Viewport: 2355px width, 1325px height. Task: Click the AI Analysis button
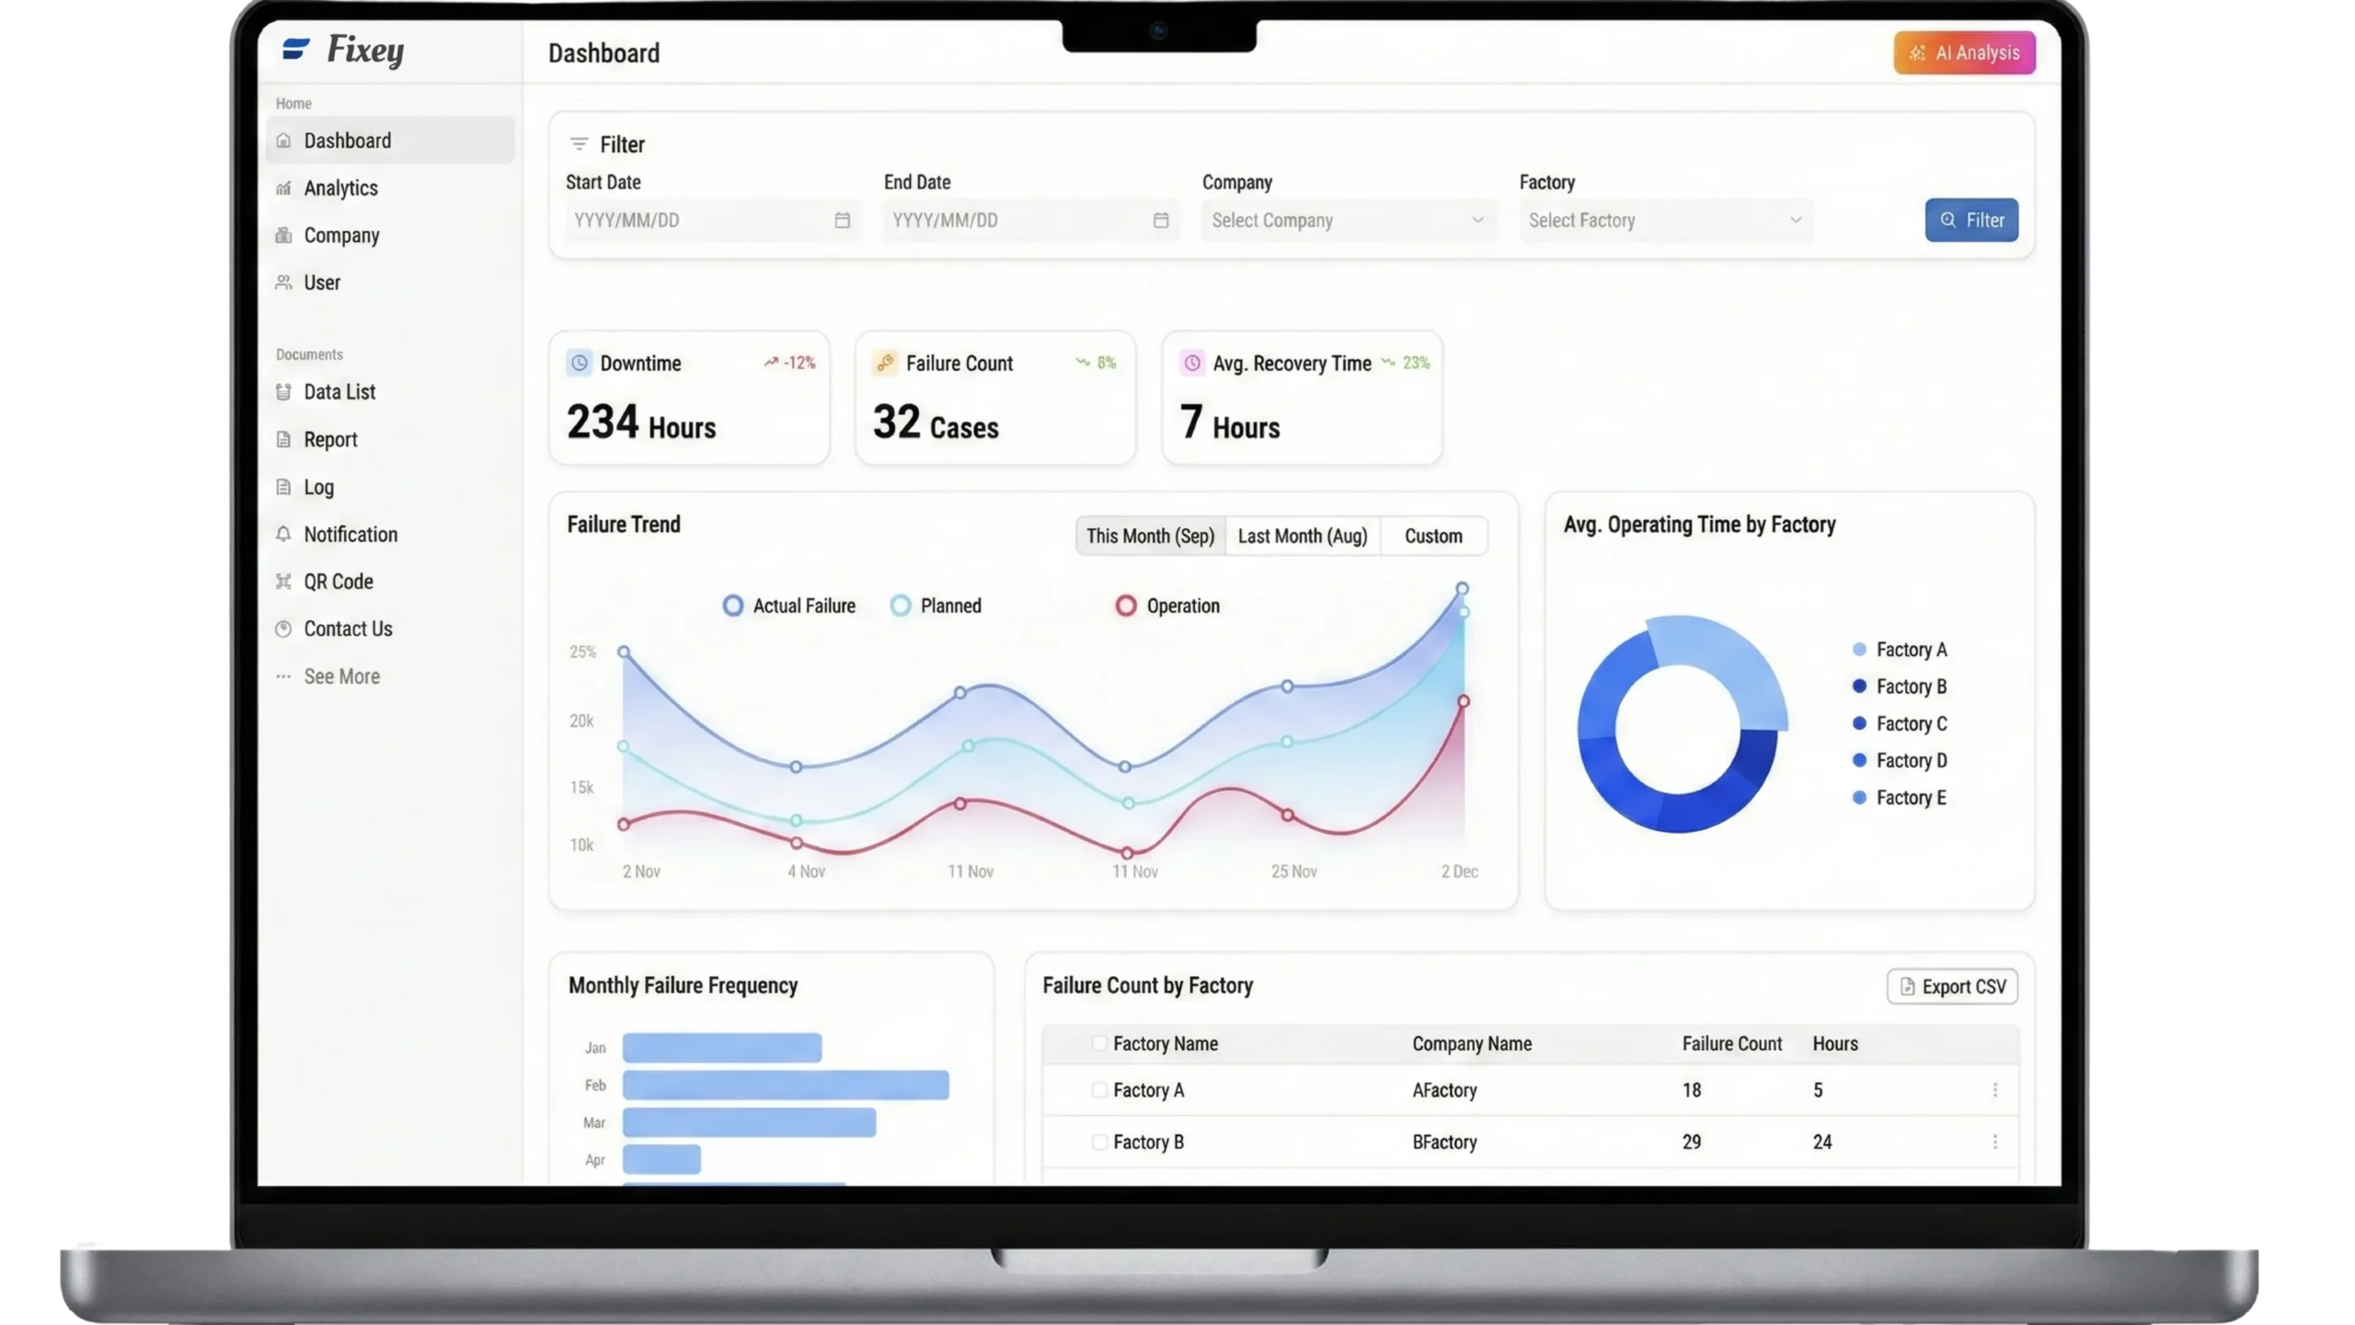point(1964,53)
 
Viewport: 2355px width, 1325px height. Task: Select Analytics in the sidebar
point(340,189)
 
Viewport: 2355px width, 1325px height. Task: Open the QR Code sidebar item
point(338,582)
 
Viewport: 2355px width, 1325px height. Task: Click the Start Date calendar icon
point(842,221)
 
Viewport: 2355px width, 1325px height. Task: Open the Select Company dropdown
point(1348,221)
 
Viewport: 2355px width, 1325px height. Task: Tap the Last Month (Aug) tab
point(1303,536)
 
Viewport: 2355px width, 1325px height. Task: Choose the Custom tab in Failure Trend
point(1432,536)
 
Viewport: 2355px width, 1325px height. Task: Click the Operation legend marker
point(1126,605)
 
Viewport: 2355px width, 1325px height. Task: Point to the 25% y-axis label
point(582,652)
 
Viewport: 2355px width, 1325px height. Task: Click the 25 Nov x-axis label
point(1293,871)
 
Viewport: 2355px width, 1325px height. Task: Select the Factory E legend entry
point(1910,798)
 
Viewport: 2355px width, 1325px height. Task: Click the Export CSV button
point(1952,986)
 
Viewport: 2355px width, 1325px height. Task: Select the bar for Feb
point(786,1085)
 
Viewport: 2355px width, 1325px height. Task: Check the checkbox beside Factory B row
point(1098,1142)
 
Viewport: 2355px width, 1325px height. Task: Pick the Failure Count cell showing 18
point(1692,1090)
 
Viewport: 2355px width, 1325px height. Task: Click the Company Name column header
point(1472,1044)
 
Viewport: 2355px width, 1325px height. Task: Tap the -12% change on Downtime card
point(798,363)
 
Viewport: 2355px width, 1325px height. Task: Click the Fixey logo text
point(365,51)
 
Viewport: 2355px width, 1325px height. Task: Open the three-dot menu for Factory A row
point(1994,1090)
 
